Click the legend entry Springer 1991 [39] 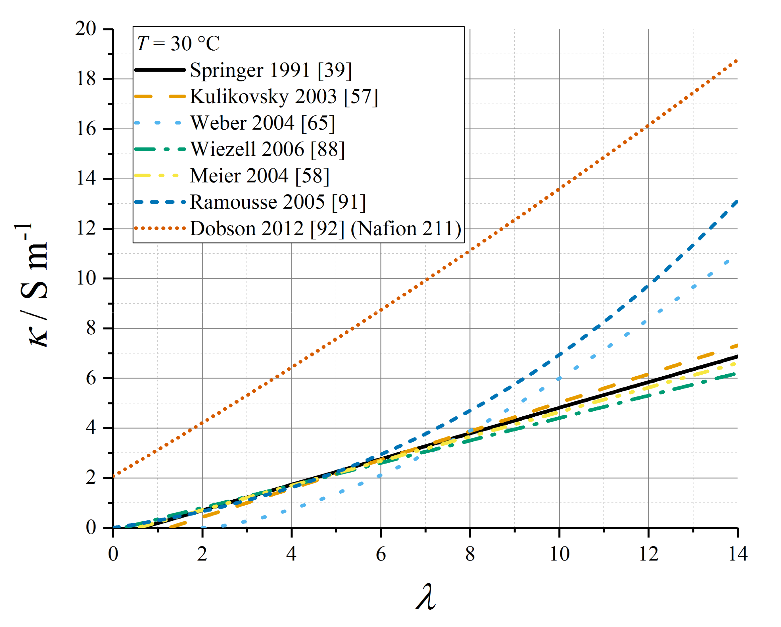(x=271, y=70)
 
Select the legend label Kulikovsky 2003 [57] (x=284, y=96)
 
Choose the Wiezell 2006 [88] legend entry (x=267, y=149)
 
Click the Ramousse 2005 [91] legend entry (x=278, y=202)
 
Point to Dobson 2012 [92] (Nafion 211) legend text (x=325, y=229)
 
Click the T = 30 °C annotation (x=178, y=43)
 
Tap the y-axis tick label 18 (x=86, y=79)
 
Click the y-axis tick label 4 (x=91, y=428)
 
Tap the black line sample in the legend (x=160, y=70)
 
